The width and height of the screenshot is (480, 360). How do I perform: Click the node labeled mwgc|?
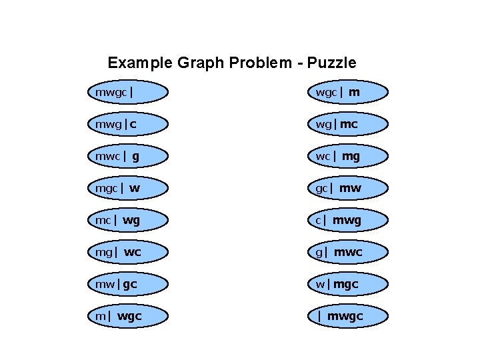(x=127, y=92)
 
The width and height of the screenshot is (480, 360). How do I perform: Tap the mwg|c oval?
(x=127, y=124)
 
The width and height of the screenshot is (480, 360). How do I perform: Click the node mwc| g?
(x=127, y=156)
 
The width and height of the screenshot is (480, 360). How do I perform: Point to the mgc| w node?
(x=127, y=188)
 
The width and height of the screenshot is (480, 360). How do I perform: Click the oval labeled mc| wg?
(x=127, y=220)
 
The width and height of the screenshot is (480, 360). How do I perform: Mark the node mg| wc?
(x=127, y=252)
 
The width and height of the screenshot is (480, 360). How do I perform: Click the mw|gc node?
(x=127, y=284)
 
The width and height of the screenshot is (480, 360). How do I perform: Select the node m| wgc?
(x=127, y=316)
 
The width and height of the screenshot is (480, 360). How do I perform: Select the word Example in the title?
(x=141, y=63)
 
